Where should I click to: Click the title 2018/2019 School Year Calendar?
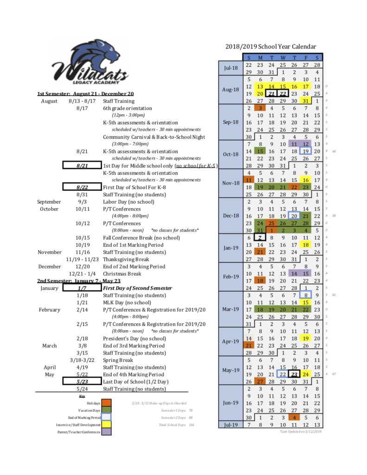coord(270,46)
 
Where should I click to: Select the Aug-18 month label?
coord(231,90)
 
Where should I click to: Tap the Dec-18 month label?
coord(231,216)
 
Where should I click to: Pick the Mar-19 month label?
coord(231,309)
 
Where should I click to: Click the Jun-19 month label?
coord(231,403)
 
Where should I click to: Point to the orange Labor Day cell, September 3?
coord(260,108)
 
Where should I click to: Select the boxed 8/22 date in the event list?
coord(82,187)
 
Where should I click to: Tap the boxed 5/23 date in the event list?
coord(82,381)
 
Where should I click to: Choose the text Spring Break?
coord(118,360)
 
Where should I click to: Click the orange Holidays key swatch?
coord(106,403)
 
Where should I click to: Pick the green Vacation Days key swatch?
coord(106,410)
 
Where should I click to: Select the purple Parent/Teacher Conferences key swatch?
coord(106,432)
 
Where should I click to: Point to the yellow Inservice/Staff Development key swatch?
coord(106,425)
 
